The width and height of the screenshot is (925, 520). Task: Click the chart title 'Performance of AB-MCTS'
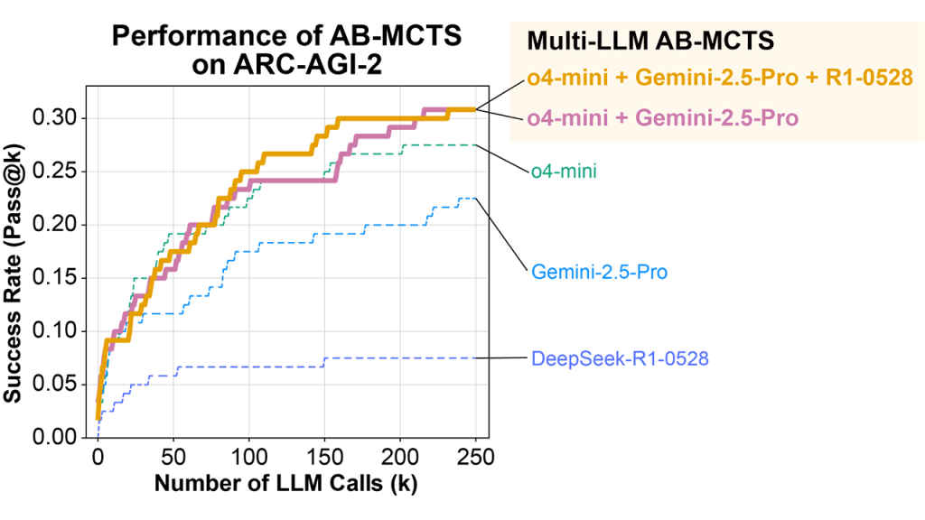285,37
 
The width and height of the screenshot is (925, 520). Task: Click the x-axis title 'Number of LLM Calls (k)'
285,483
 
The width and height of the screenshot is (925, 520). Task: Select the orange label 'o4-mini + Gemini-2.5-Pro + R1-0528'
719,79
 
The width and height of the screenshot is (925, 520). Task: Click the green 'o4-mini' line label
563,171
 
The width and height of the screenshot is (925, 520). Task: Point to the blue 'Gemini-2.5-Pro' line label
600,271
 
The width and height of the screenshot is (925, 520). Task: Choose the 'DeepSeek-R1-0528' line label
620,359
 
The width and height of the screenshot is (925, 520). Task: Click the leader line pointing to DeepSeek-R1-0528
501,358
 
